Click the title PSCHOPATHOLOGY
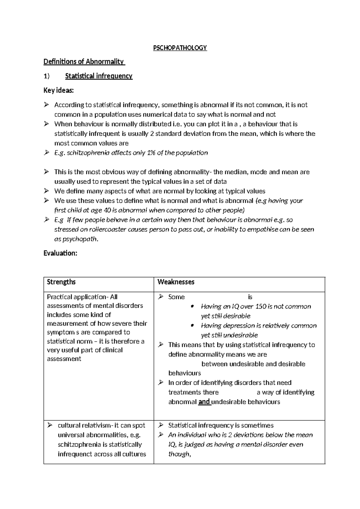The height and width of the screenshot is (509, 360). tap(180, 48)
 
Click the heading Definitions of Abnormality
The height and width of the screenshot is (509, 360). tap(83, 62)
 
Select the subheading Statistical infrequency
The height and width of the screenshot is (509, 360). tap(99, 76)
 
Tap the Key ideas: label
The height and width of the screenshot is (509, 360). tap(58, 91)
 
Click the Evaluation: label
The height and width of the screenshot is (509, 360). tap(60, 253)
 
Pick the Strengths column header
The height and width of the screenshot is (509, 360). tap(61, 282)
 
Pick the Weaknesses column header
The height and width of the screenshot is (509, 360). tap(176, 282)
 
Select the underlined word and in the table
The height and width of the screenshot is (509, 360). tap(204, 402)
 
